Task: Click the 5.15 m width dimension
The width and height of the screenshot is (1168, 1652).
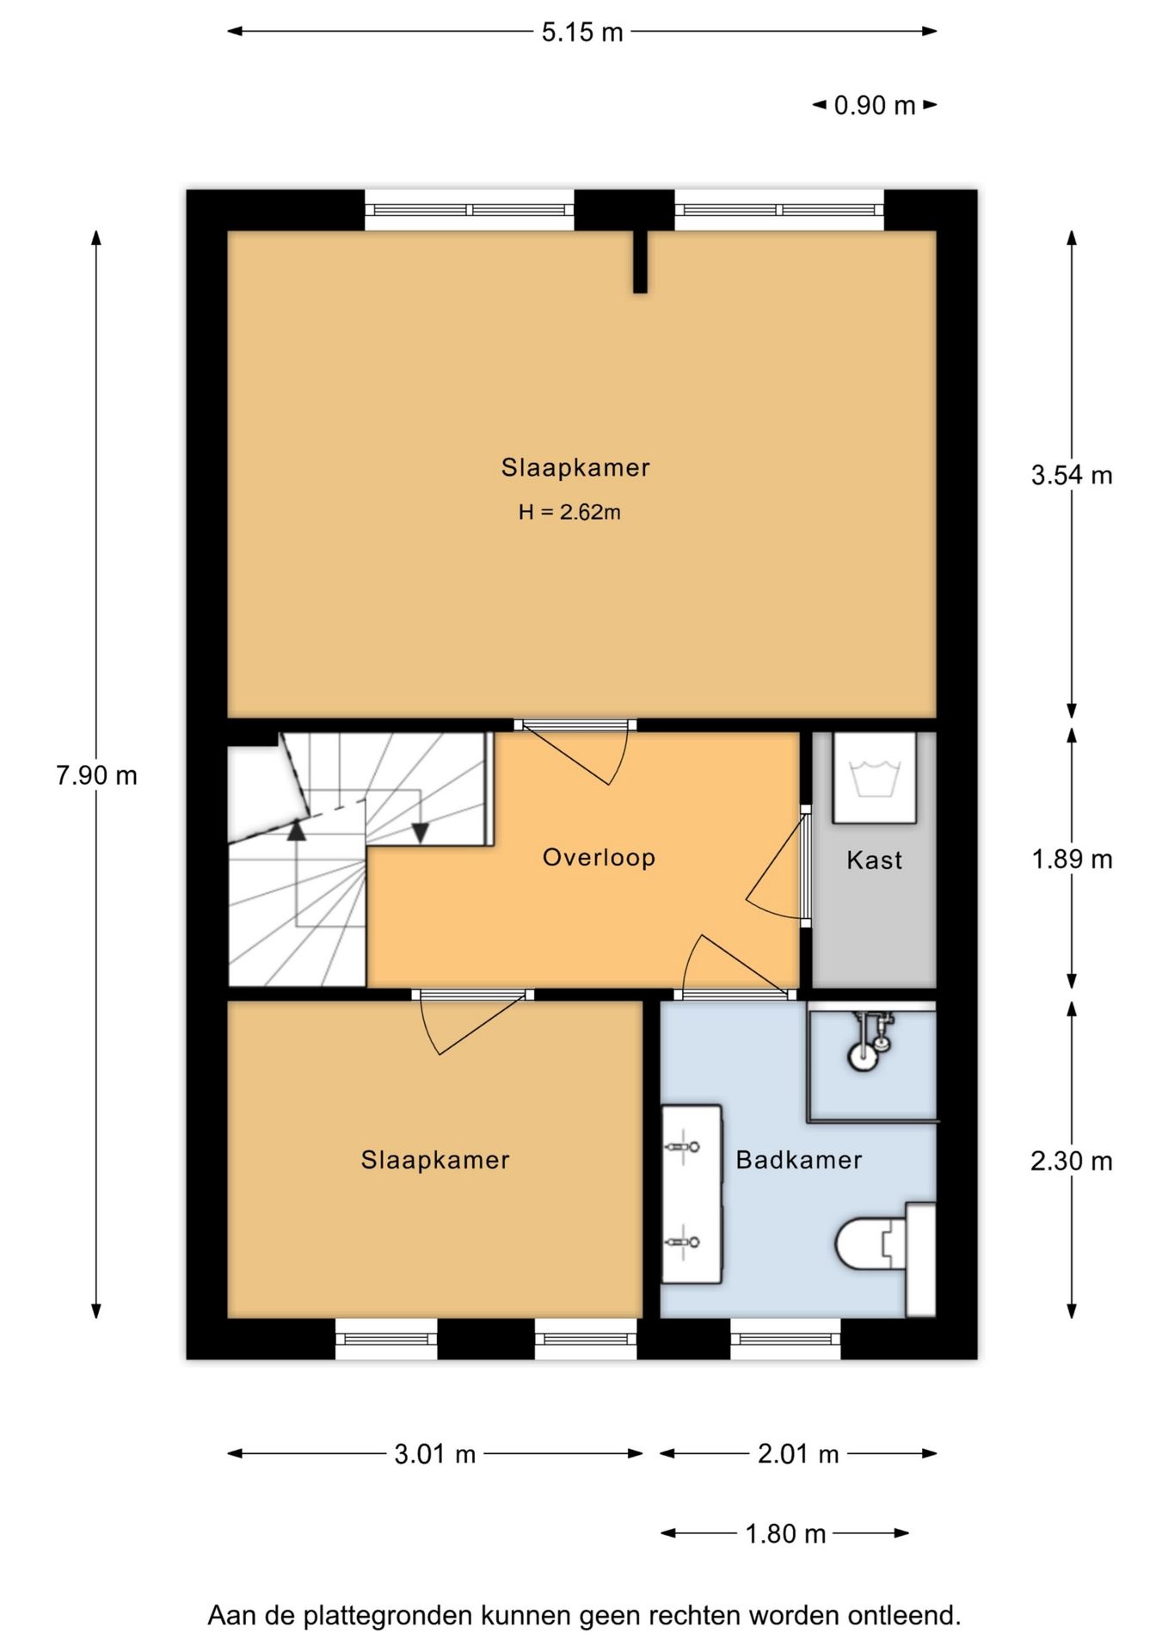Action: tap(582, 32)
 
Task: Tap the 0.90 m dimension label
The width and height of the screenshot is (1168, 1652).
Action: tap(875, 105)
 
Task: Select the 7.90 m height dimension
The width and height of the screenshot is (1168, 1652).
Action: tap(96, 775)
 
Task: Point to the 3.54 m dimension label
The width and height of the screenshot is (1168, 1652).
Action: tap(1072, 475)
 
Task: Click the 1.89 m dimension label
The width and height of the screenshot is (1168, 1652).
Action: tap(1072, 859)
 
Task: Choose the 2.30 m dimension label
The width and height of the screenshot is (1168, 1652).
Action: tap(1072, 1161)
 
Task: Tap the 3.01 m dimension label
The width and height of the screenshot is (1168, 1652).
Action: tap(435, 1454)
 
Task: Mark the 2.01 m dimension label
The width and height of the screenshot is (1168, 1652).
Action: tap(798, 1454)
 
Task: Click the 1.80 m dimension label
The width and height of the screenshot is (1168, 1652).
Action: tap(785, 1533)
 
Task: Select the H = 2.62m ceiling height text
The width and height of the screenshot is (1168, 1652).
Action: tap(569, 512)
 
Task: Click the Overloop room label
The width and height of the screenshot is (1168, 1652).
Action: tap(599, 857)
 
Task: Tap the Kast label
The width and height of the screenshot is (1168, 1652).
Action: tap(874, 860)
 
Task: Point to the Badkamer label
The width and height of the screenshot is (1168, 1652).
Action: tap(799, 1160)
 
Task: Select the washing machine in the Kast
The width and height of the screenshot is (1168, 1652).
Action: tap(874, 778)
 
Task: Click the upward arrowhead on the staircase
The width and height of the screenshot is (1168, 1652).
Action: tap(296, 830)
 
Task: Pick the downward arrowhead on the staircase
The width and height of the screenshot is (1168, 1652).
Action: tap(420, 834)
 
